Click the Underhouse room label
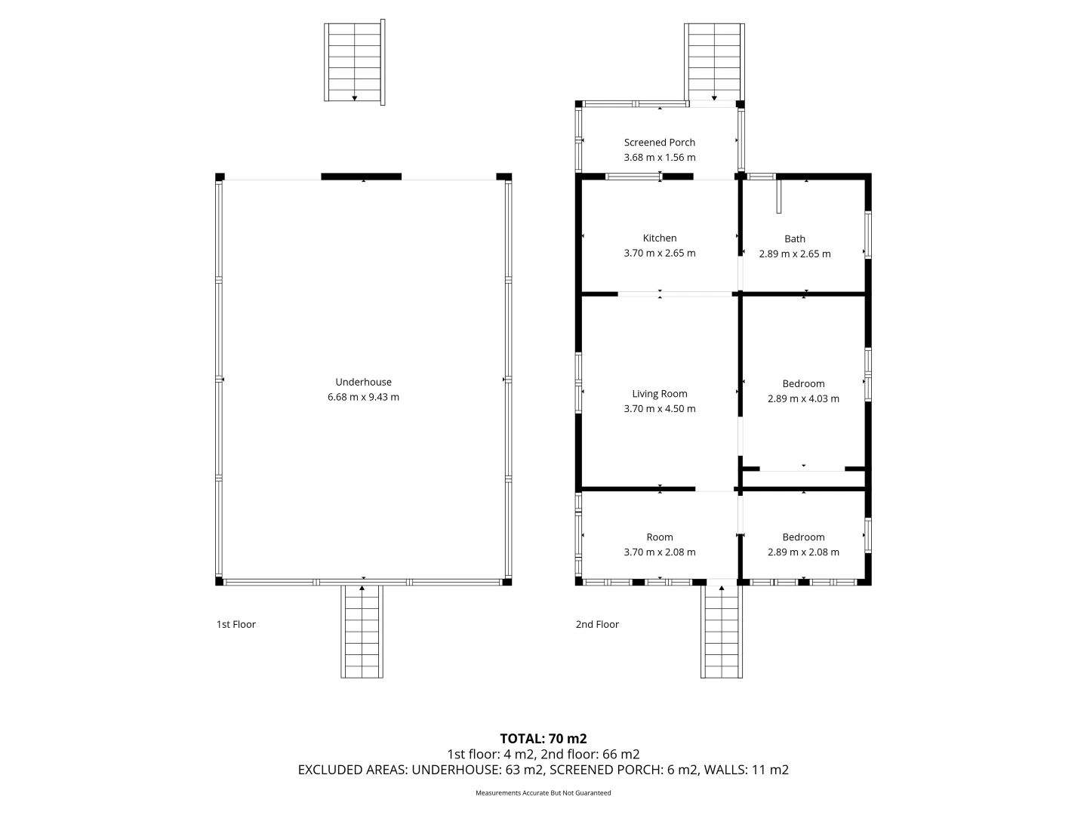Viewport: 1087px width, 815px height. [x=363, y=382]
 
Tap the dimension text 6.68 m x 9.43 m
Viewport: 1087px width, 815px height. [x=363, y=397]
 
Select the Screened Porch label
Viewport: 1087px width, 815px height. [x=659, y=142]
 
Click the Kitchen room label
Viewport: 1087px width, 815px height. [x=659, y=238]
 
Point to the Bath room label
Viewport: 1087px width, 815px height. [x=794, y=238]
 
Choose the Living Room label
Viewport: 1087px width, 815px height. [x=659, y=393]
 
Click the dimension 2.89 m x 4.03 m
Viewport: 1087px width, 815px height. [x=803, y=398]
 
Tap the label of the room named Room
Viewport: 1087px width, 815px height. [x=659, y=537]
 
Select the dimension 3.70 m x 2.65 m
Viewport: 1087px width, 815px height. [x=659, y=253]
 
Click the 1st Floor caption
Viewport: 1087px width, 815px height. [x=236, y=624]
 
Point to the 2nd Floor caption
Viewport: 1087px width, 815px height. [x=596, y=624]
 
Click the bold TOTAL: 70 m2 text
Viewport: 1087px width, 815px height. [x=543, y=738]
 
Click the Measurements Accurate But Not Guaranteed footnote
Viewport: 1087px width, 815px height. [x=543, y=793]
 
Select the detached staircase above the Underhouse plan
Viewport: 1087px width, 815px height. [x=354, y=62]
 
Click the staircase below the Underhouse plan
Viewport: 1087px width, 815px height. [x=362, y=631]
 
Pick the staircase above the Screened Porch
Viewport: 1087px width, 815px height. [x=713, y=62]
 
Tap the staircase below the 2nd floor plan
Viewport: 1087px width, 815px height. [x=722, y=631]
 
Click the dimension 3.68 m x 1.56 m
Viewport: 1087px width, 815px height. [x=659, y=158]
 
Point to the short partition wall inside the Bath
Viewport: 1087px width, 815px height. [x=780, y=196]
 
